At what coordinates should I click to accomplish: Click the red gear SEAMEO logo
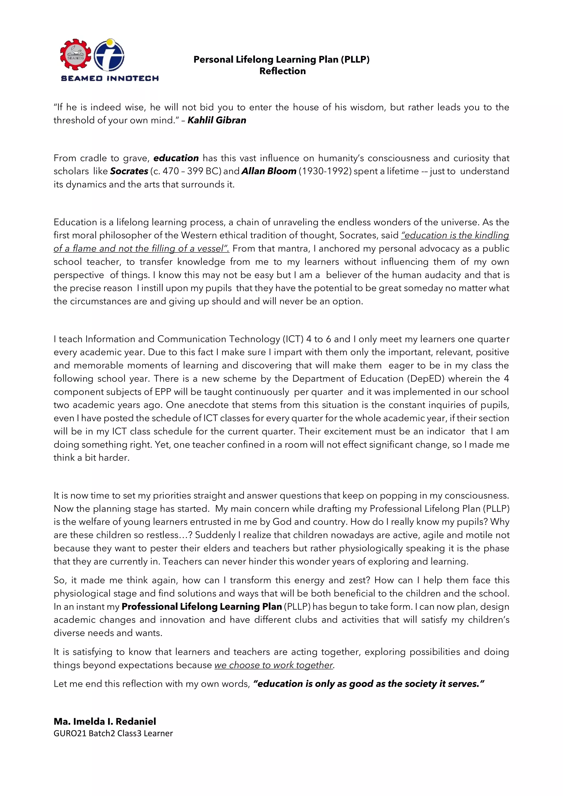point(75,55)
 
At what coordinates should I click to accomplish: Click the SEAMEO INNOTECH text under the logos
point(110,79)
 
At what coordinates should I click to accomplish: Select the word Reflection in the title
point(282,71)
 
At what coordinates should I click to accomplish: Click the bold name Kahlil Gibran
point(217,120)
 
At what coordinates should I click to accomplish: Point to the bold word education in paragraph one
point(176,158)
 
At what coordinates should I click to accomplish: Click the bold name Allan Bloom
point(269,171)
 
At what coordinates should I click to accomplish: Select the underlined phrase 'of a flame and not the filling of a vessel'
point(141,249)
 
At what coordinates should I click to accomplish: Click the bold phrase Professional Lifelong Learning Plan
point(202,607)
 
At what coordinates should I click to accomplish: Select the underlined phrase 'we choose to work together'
point(274,665)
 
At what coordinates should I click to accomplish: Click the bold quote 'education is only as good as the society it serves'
point(368,684)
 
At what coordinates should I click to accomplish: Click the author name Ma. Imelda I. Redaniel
point(105,722)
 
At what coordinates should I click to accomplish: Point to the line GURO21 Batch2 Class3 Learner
point(113,733)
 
